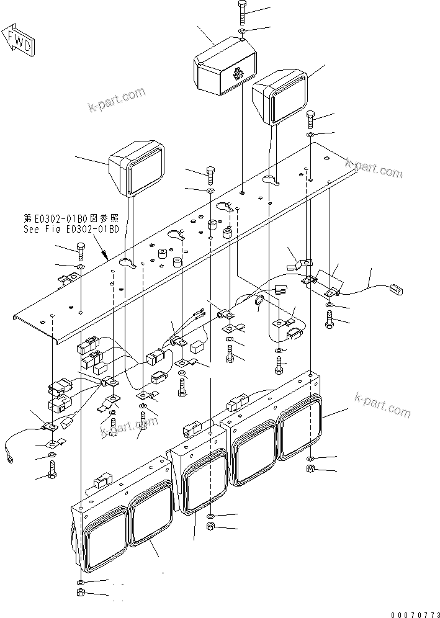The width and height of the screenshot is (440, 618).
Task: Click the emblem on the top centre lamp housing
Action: [x=238, y=74]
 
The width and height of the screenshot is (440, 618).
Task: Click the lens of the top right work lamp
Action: [x=287, y=96]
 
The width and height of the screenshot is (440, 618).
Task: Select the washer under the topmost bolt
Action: [x=241, y=30]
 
